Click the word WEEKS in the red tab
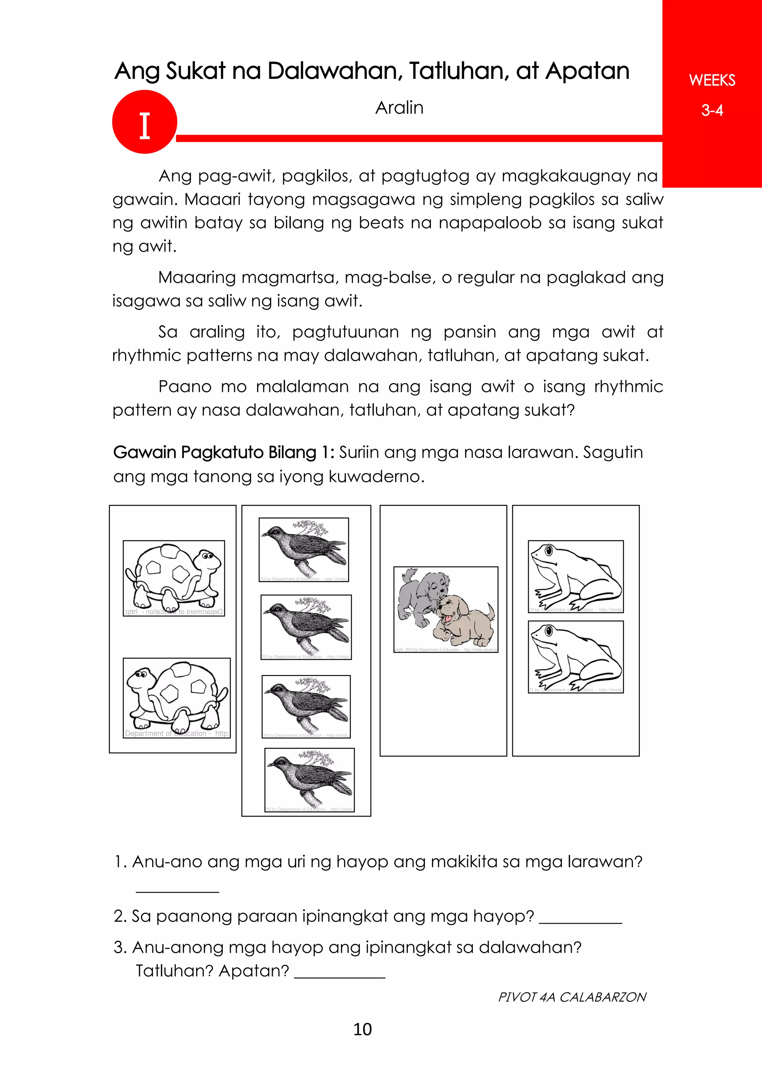click(x=711, y=80)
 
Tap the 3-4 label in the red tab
click(x=711, y=111)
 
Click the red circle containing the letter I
click(x=144, y=122)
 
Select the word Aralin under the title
click(x=399, y=108)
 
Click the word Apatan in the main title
click(x=587, y=71)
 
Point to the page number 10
click(x=362, y=1029)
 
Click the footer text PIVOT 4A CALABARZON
click(x=572, y=997)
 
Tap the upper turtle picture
click(x=174, y=578)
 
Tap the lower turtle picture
click(x=176, y=698)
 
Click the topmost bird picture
click(x=304, y=549)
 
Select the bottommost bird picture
click(x=309, y=779)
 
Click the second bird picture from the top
click(x=306, y=627)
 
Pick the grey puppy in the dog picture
click(x=420, y=596)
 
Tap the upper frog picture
click(x=576, y=576)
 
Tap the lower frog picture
click(x=576, y=656)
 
